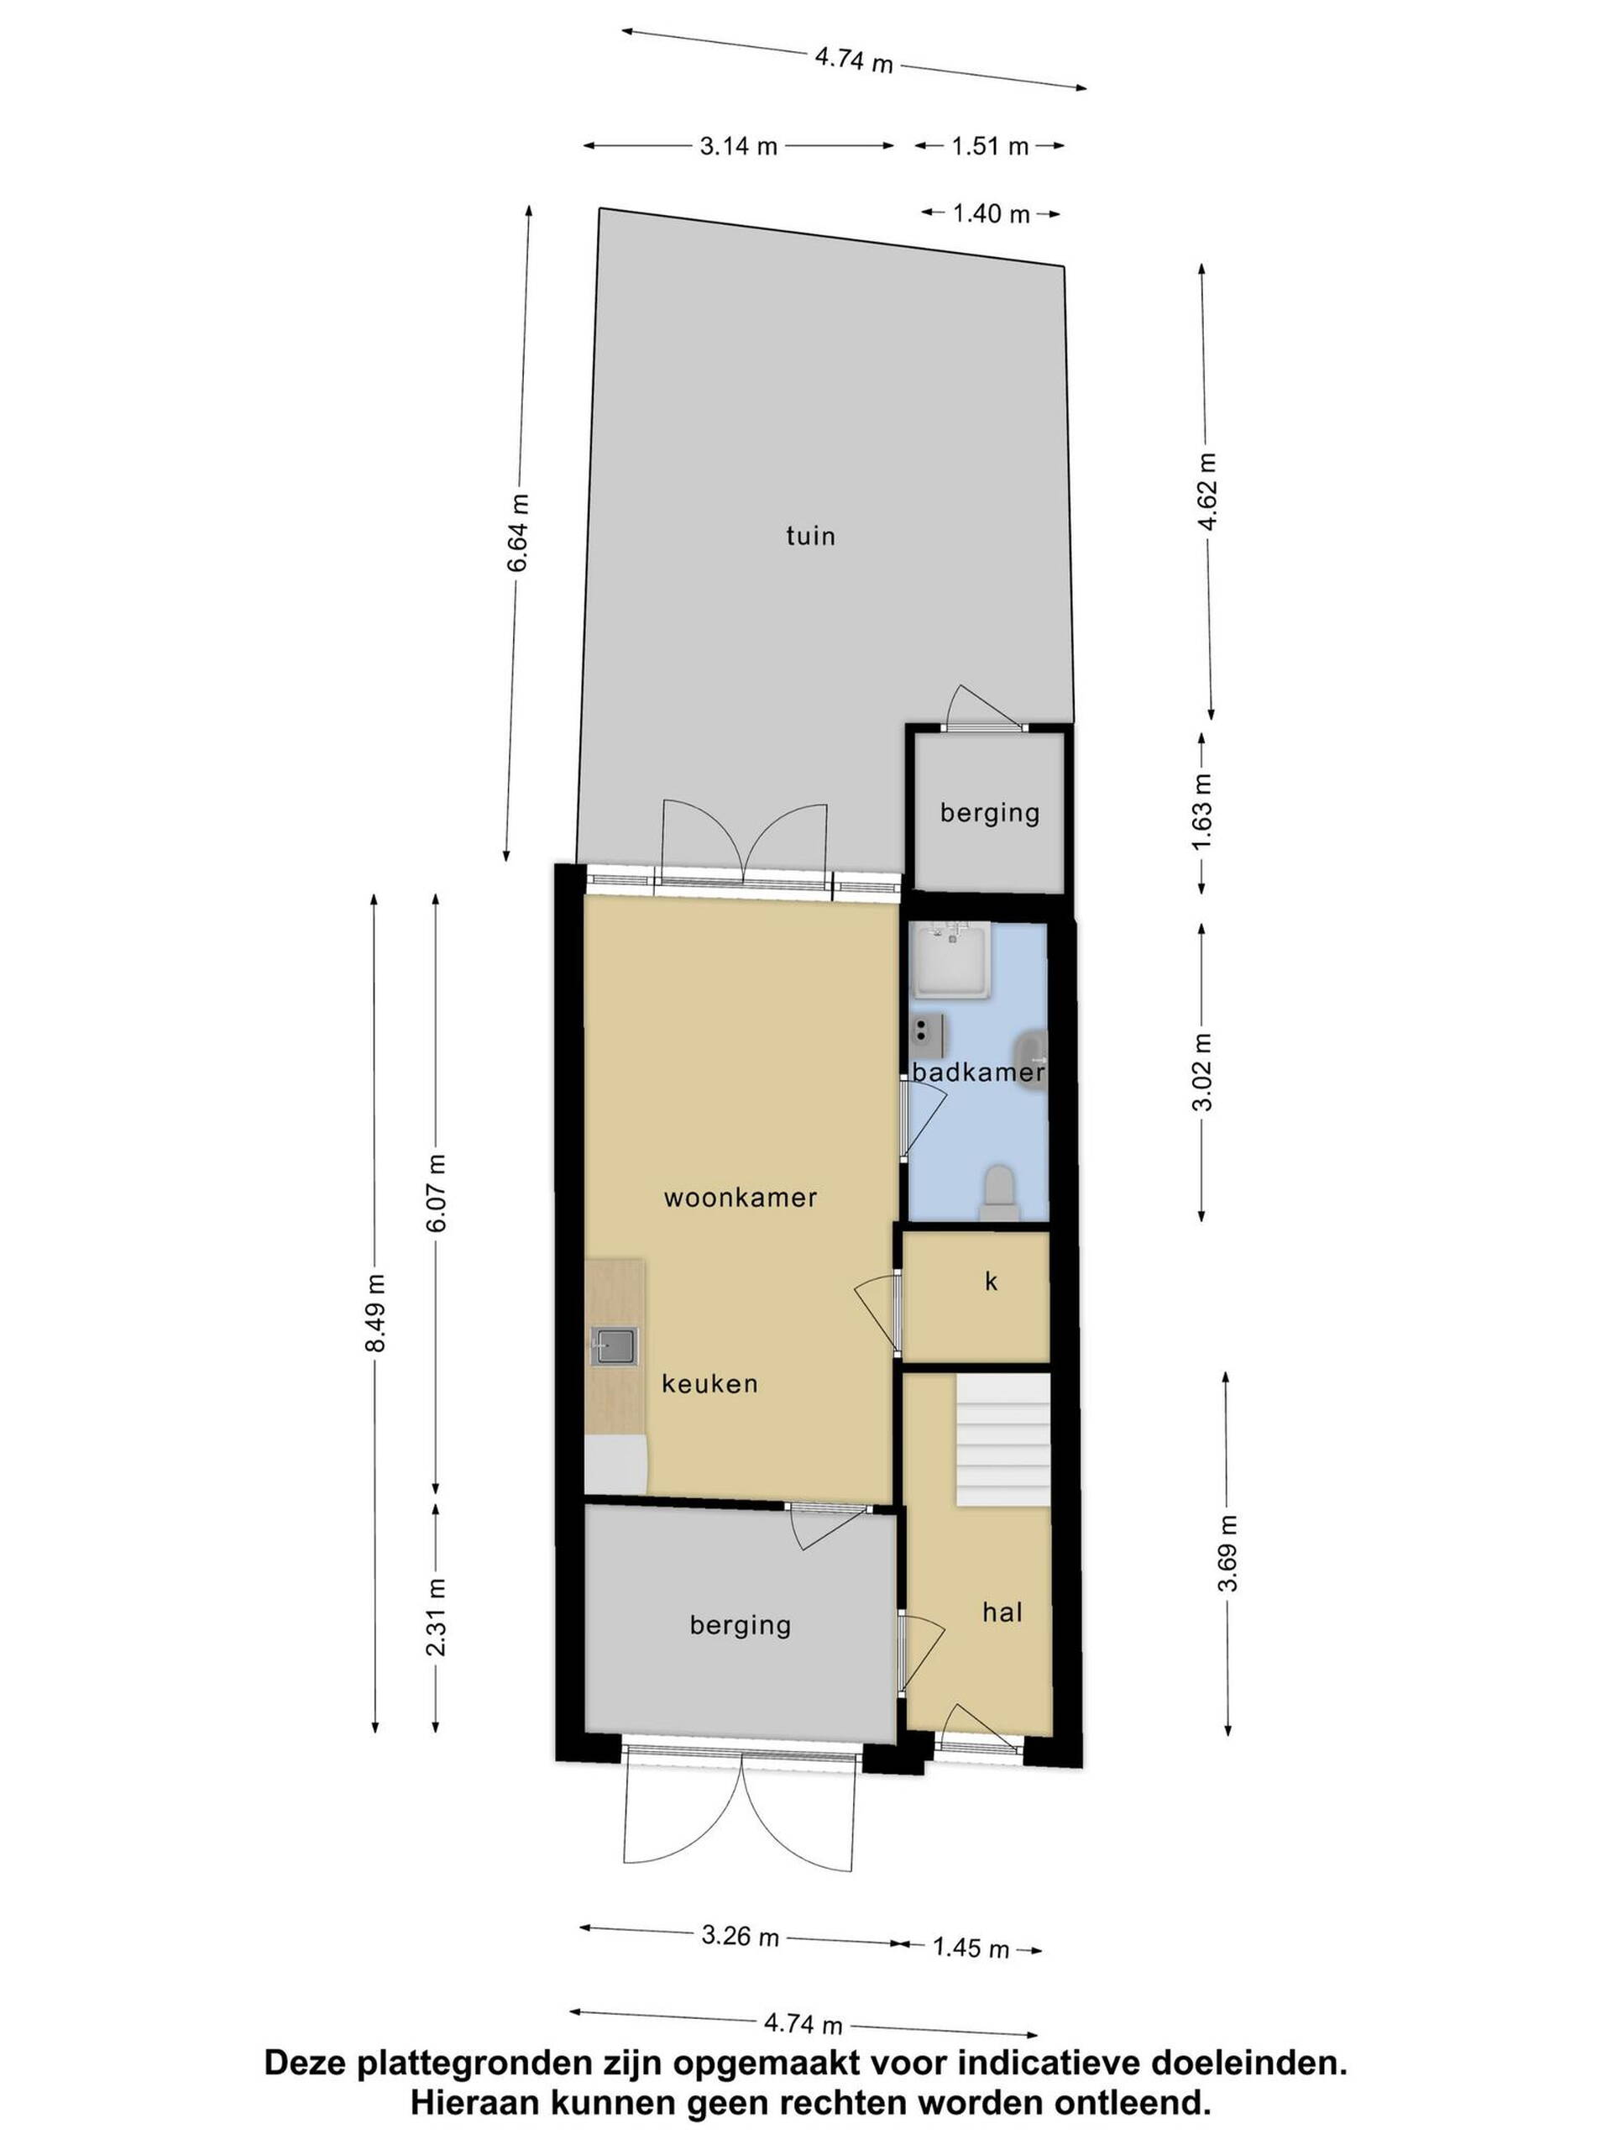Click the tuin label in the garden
(809, 536)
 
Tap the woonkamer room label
(741, 1198)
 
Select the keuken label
(709, 1383)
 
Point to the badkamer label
(977, 1072)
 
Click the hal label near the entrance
(1002, 1612)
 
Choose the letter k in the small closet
(991, 1281)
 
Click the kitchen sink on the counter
(614, 1347)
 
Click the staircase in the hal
(1004, 1439)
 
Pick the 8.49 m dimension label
(377, 1312)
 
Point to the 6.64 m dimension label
(519, 532)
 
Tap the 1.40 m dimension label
(990, 212)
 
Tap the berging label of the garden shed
(989, 813)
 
